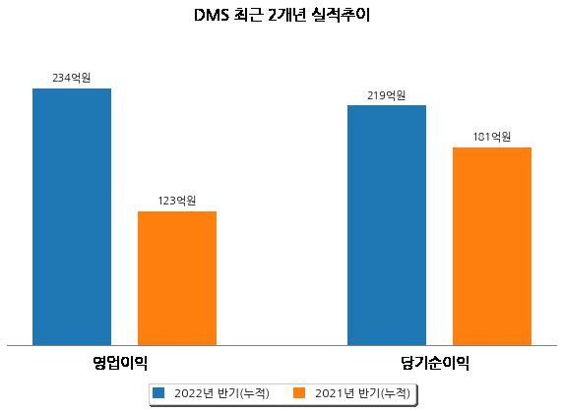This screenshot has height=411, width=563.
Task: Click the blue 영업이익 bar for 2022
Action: (x=72, y=217)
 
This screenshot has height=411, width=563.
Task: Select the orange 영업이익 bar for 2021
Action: (x=177, y=278)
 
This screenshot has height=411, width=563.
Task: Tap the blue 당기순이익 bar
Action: (x=387, y=225)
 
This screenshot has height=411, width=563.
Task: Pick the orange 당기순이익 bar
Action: (x=492, y=247)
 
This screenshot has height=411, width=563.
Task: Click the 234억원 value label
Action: (x=72, y=78)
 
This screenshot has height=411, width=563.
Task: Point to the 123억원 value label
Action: (x=177, y=201)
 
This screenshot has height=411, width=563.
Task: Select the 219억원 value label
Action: (x=387, y=95)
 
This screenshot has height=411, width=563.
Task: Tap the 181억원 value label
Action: (x=491, y=137)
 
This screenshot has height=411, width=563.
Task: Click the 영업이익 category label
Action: (x=120, y=363)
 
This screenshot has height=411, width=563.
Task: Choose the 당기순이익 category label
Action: (x=435, y=363)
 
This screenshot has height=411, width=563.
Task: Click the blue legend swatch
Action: (x=158, y=392)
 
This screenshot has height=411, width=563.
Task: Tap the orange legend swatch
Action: (x=299, y=392)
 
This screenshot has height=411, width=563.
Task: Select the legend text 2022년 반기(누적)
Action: (x=221, y=393)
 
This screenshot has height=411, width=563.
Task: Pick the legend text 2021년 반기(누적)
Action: (x=362, y=393)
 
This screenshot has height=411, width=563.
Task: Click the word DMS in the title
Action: (x=212, y=16)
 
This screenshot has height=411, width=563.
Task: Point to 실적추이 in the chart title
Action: (x=342, y=16)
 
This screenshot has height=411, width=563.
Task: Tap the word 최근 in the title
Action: (x=248, y=16)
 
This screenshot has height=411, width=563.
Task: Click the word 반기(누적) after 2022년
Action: (x=243, y=393)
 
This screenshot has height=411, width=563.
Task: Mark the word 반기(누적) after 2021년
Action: (x=384, y=393)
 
